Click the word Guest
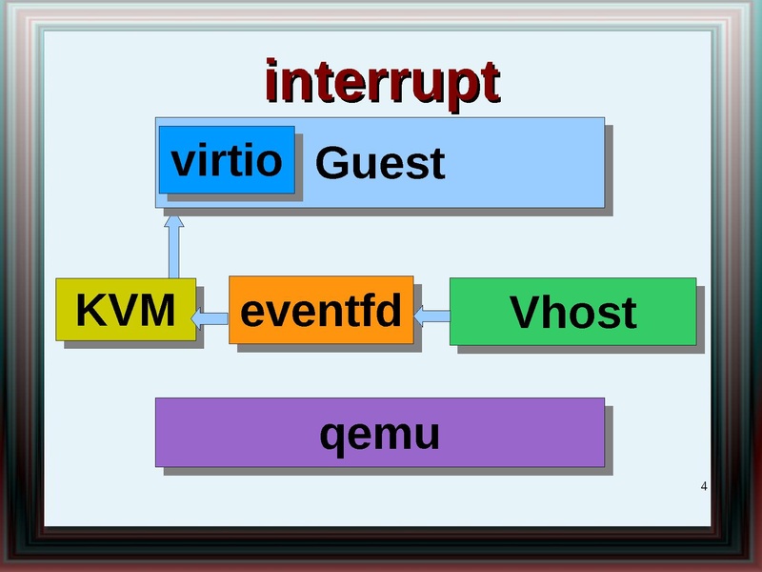tap(379, 163)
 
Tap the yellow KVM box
tap(126, 310)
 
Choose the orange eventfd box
tap(321, 310)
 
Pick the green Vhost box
tap(572, 311)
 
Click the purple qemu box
tap(379, 432)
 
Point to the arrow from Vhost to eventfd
tap(431, 314)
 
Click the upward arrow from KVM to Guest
tap(173, 248)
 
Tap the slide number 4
tap(704, 488)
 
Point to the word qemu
tap(379, 435)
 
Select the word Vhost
tap(572, 313)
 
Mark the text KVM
tap(126, 310)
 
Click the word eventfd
tap(321, 311)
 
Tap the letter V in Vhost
tap(525, 313)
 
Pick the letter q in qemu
tap(331, 438)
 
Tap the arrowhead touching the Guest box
tap(173, 220)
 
